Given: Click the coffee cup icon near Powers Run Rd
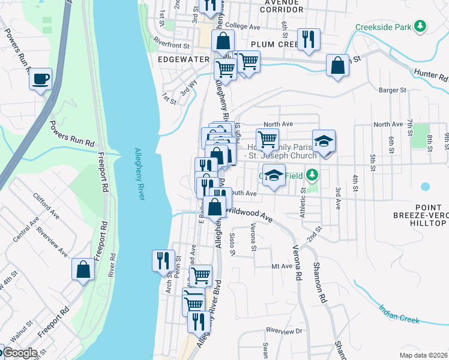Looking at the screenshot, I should tap(40, 79).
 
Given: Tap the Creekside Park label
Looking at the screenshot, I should tap(382, 27).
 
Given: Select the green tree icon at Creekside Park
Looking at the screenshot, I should tap(421, 26).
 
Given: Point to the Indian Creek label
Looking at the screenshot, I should tap(399, 314).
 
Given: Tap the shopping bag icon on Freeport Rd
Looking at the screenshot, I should tap(83, 269).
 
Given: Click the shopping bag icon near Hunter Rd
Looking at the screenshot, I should tap(338, 65).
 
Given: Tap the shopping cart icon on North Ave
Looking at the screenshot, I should tap(267, 140).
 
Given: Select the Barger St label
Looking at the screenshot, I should tap(393, 90).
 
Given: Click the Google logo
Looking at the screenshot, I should tap(20, 353).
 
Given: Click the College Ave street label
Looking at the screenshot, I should tap(243, 27).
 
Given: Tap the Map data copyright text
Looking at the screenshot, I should tap(424, 355).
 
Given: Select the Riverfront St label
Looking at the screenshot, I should tap(171, 44).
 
